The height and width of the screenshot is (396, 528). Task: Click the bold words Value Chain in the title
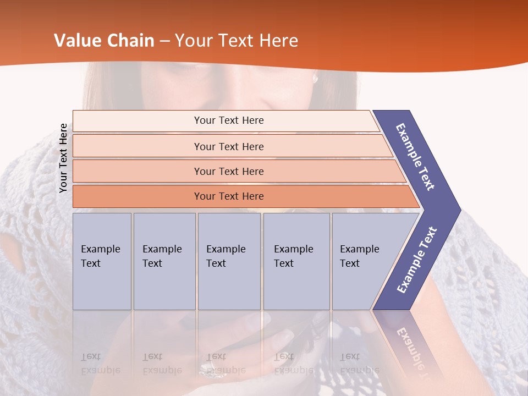click(104, 41)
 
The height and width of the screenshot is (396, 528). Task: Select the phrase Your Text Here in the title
click(237, 41)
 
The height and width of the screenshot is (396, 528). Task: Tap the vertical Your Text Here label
click(63, 158)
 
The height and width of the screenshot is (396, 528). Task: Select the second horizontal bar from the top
click(228, 146)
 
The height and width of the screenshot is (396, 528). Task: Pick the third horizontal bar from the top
click(228, 171)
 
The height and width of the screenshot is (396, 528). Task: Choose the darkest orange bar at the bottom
click(228, 196)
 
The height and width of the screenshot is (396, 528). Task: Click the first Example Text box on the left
click(102, 261)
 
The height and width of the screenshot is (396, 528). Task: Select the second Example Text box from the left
click(164, 261)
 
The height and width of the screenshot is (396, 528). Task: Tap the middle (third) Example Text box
click(229, 261)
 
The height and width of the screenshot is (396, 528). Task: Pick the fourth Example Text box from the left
click(296, 261)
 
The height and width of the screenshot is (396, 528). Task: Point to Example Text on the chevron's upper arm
click(415, 156)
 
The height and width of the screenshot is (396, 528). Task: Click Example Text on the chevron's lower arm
click(417, 260)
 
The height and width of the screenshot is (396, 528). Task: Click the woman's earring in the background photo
click(315, 78)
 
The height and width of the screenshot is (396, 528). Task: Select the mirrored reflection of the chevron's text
click(410, 346)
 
